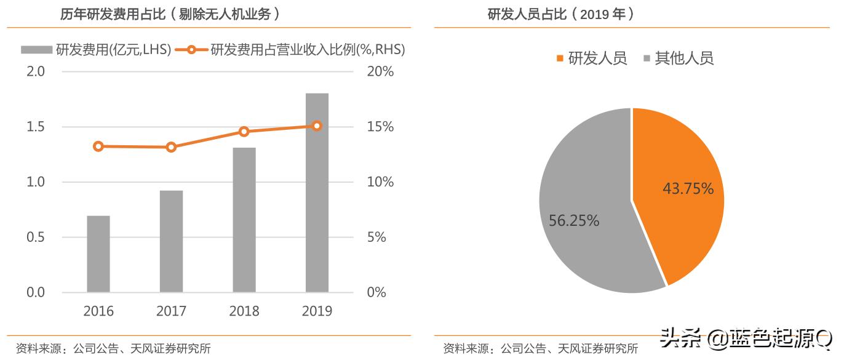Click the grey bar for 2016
(x=98, y=254)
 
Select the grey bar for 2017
(x=171, y=241)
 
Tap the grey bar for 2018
(x=244, y=220)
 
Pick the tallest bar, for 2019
(x=317, y=193)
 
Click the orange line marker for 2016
(x=98, y=146)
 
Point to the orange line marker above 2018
(x=244, y=132)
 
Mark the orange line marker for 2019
(x=317, y=126)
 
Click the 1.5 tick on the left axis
(x=36, y=127)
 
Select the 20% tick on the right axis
(x=380, y=72)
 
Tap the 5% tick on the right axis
(x=376, y=238)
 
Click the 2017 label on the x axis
(x=171, y=311)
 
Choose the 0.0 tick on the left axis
(x=36, y=292)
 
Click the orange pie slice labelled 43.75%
(x=683, y=191)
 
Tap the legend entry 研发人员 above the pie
(x=591, y=58)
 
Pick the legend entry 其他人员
(x=678, y=58)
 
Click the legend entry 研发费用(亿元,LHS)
(x=95, y=50)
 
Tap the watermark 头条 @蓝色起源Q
(x=746, y=338)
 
